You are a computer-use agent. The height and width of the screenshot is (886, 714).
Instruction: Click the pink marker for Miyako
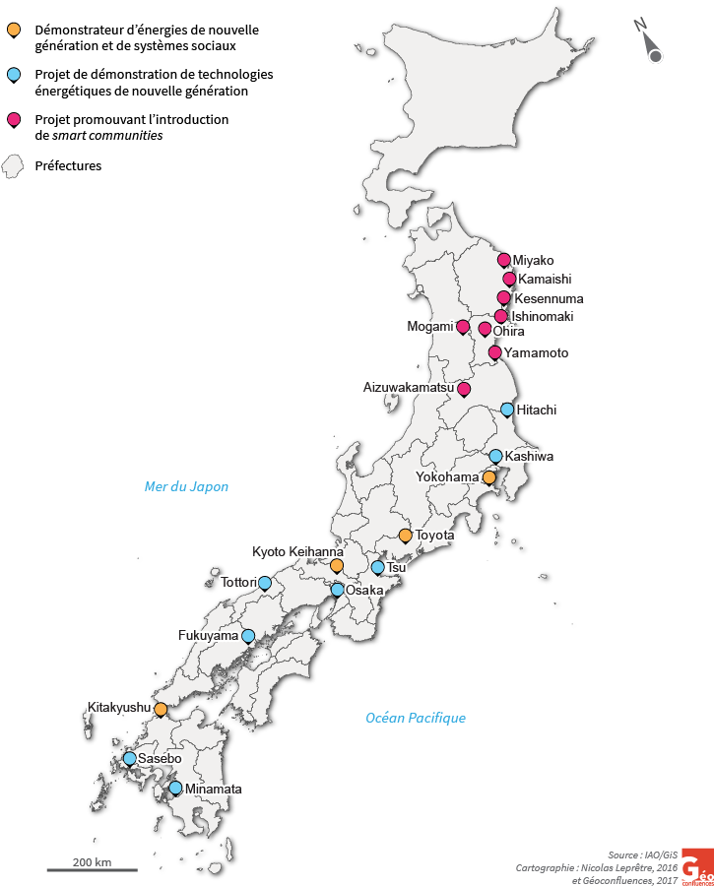tap(504, 260)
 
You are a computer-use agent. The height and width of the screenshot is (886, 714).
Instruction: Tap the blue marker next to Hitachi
tap(507, 410)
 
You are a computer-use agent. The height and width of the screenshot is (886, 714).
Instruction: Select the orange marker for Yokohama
tap(489, 477)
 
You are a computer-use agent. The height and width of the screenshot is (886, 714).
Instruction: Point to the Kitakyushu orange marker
tap(161, 709)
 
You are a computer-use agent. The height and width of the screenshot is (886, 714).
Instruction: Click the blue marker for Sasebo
tap(130, 759)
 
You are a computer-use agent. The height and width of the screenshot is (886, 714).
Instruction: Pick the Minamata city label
tap(213, 790)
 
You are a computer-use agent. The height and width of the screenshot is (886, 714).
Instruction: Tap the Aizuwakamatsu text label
tap(409, 389)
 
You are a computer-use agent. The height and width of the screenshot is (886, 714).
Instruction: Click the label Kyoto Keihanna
tap(297, 551)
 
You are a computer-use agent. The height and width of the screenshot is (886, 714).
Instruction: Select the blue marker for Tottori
tap(264, 583)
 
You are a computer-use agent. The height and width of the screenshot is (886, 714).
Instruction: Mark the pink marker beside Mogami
tap(463, 327)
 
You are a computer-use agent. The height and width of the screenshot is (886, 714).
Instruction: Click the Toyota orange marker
tap(405, 536)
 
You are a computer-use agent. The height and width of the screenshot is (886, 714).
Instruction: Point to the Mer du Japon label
tap(186, 486)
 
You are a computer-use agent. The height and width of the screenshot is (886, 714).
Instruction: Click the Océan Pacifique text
tap(415, 718)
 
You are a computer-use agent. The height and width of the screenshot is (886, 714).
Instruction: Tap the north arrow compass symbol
tap(651, 43)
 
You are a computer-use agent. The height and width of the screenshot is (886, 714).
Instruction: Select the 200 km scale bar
tap(92, 869)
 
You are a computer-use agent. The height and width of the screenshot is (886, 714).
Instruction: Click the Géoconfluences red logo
tap(697, 865)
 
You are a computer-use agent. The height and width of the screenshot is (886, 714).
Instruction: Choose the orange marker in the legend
tap(13, 30)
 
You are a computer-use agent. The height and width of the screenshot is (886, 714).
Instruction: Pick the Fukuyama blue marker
tap(248, 636)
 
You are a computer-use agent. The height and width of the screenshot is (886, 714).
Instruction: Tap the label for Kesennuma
tap(549, 298)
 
